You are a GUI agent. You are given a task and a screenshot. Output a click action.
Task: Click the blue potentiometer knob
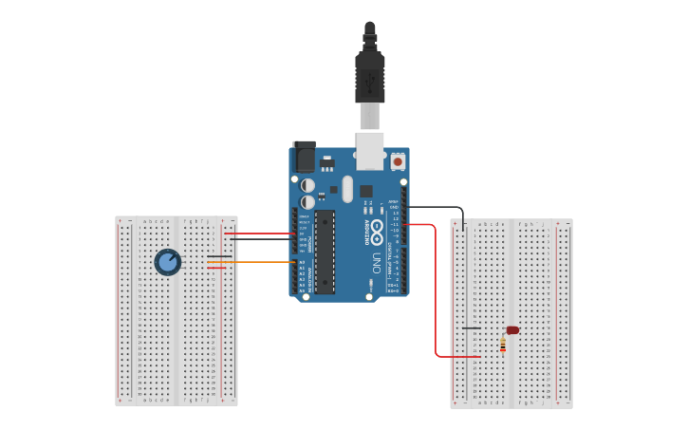point(168,261)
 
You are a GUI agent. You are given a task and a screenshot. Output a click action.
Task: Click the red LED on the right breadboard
point(512,330)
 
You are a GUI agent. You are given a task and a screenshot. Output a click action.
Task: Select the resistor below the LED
point(503,345)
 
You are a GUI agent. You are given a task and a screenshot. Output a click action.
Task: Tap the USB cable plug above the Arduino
point(370,76)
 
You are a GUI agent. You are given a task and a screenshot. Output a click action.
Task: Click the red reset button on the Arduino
point(398,162)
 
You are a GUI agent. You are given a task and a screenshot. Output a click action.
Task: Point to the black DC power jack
point(304,156)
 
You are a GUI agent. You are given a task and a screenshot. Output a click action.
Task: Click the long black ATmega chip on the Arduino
point(325,252)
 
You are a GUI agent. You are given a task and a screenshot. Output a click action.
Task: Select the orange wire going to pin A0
point(256,262)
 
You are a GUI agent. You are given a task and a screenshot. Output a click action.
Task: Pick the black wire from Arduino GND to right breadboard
point(437,207)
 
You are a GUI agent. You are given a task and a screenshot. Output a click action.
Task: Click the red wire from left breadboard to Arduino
point(261,234)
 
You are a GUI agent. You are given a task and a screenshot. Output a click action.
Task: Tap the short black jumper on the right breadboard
point(471,328)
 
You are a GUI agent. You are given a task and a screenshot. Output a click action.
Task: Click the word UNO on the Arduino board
point(377,263)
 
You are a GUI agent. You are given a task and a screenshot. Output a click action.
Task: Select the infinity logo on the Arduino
point(377,229)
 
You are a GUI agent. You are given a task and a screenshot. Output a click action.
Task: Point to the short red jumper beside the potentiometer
point(216,268)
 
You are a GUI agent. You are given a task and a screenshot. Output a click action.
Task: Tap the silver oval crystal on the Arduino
point(347,188)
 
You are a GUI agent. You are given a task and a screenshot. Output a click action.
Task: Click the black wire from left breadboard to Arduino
point(261,239)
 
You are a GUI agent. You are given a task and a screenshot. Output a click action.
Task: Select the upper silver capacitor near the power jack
point(307,185)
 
